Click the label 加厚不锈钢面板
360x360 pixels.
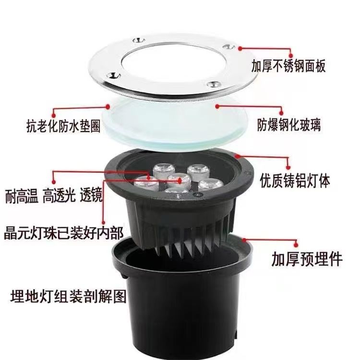(288, 66)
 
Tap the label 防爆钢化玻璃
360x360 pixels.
(288, 125)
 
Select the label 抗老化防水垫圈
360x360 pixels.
(63, 126)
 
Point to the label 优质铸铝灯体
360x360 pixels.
(295, 181)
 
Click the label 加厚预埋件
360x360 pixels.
(307, 259)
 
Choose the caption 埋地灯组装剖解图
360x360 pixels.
(68, 296)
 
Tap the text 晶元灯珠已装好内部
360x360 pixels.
(63, 233)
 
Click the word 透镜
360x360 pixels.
(91, 196)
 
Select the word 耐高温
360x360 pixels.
(22, 196)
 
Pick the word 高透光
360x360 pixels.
(59, 196)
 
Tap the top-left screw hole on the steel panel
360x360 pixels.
(139, 41)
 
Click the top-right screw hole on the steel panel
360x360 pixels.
(228, 47)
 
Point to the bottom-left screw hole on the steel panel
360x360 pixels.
(114, 75)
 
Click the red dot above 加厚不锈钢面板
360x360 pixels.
(291, 56)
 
